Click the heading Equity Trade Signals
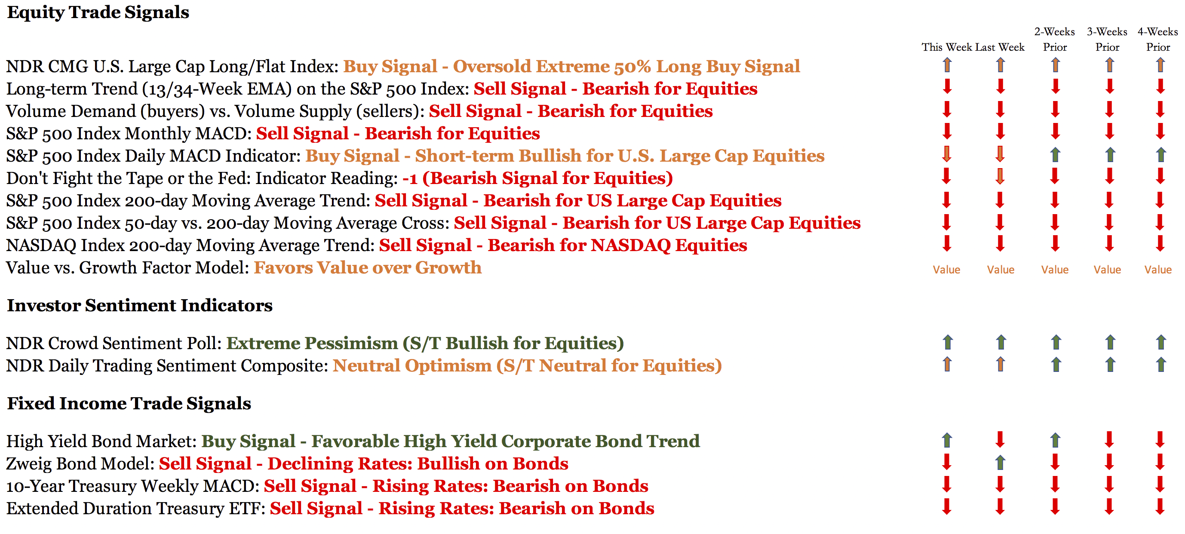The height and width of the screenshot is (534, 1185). click(x=98, y=12)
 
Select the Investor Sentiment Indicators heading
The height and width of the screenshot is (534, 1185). click(x=140, y=305)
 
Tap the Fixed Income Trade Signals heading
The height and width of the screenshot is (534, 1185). click(x=129, y=403)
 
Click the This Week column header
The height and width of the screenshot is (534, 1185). click(x=947, y=47)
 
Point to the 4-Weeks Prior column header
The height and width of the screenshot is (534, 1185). click(x=1158, y=39)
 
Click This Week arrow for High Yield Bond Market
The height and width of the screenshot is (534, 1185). click(x=947, y=440)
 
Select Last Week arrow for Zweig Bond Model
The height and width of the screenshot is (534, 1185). click(x=1000, y=462)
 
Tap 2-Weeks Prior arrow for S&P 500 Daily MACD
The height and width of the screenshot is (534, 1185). click(x=1055, y=154)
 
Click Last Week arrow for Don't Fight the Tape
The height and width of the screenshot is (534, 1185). click(x=1000, y=176)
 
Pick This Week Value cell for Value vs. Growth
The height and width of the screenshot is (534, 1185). click(x=946, y=270)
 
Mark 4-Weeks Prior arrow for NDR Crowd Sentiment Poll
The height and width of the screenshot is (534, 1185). click(x=1161, y=342)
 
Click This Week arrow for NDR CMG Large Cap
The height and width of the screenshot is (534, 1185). click(x=947, y=65)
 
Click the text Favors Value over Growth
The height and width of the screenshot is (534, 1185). click(x=368, y=268)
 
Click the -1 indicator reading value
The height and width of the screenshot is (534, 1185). click(x=410, y=178)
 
